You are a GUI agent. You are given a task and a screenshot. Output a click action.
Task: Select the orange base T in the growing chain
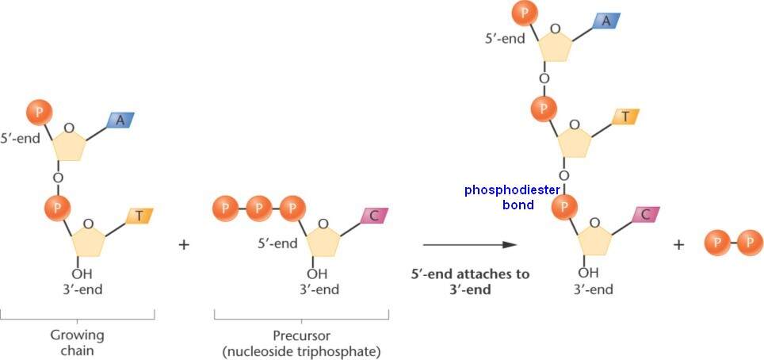tap(139, 215)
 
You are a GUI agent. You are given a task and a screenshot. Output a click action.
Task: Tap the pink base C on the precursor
tap(373, 215)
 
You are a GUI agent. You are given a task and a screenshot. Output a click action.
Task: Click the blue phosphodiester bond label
tap(513, 197)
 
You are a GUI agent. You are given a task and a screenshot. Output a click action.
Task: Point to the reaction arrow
tap(470, 245)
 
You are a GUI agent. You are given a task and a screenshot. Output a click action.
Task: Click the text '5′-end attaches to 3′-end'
tap(470, 281)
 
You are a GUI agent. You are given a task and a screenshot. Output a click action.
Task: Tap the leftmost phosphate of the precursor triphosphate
tap(225, 209)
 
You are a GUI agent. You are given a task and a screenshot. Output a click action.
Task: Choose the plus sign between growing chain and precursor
tap(185, 244)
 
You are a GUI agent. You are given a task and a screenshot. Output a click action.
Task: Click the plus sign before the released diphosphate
tap(678, 244)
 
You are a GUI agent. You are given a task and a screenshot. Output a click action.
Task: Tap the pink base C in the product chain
tap(646, 214)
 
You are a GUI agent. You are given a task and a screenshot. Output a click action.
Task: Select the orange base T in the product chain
tap(625, 117)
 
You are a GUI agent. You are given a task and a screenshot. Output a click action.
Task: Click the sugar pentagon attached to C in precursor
tap(322, 237)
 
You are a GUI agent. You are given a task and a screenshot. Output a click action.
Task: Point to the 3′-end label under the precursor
tap(319, 289)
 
